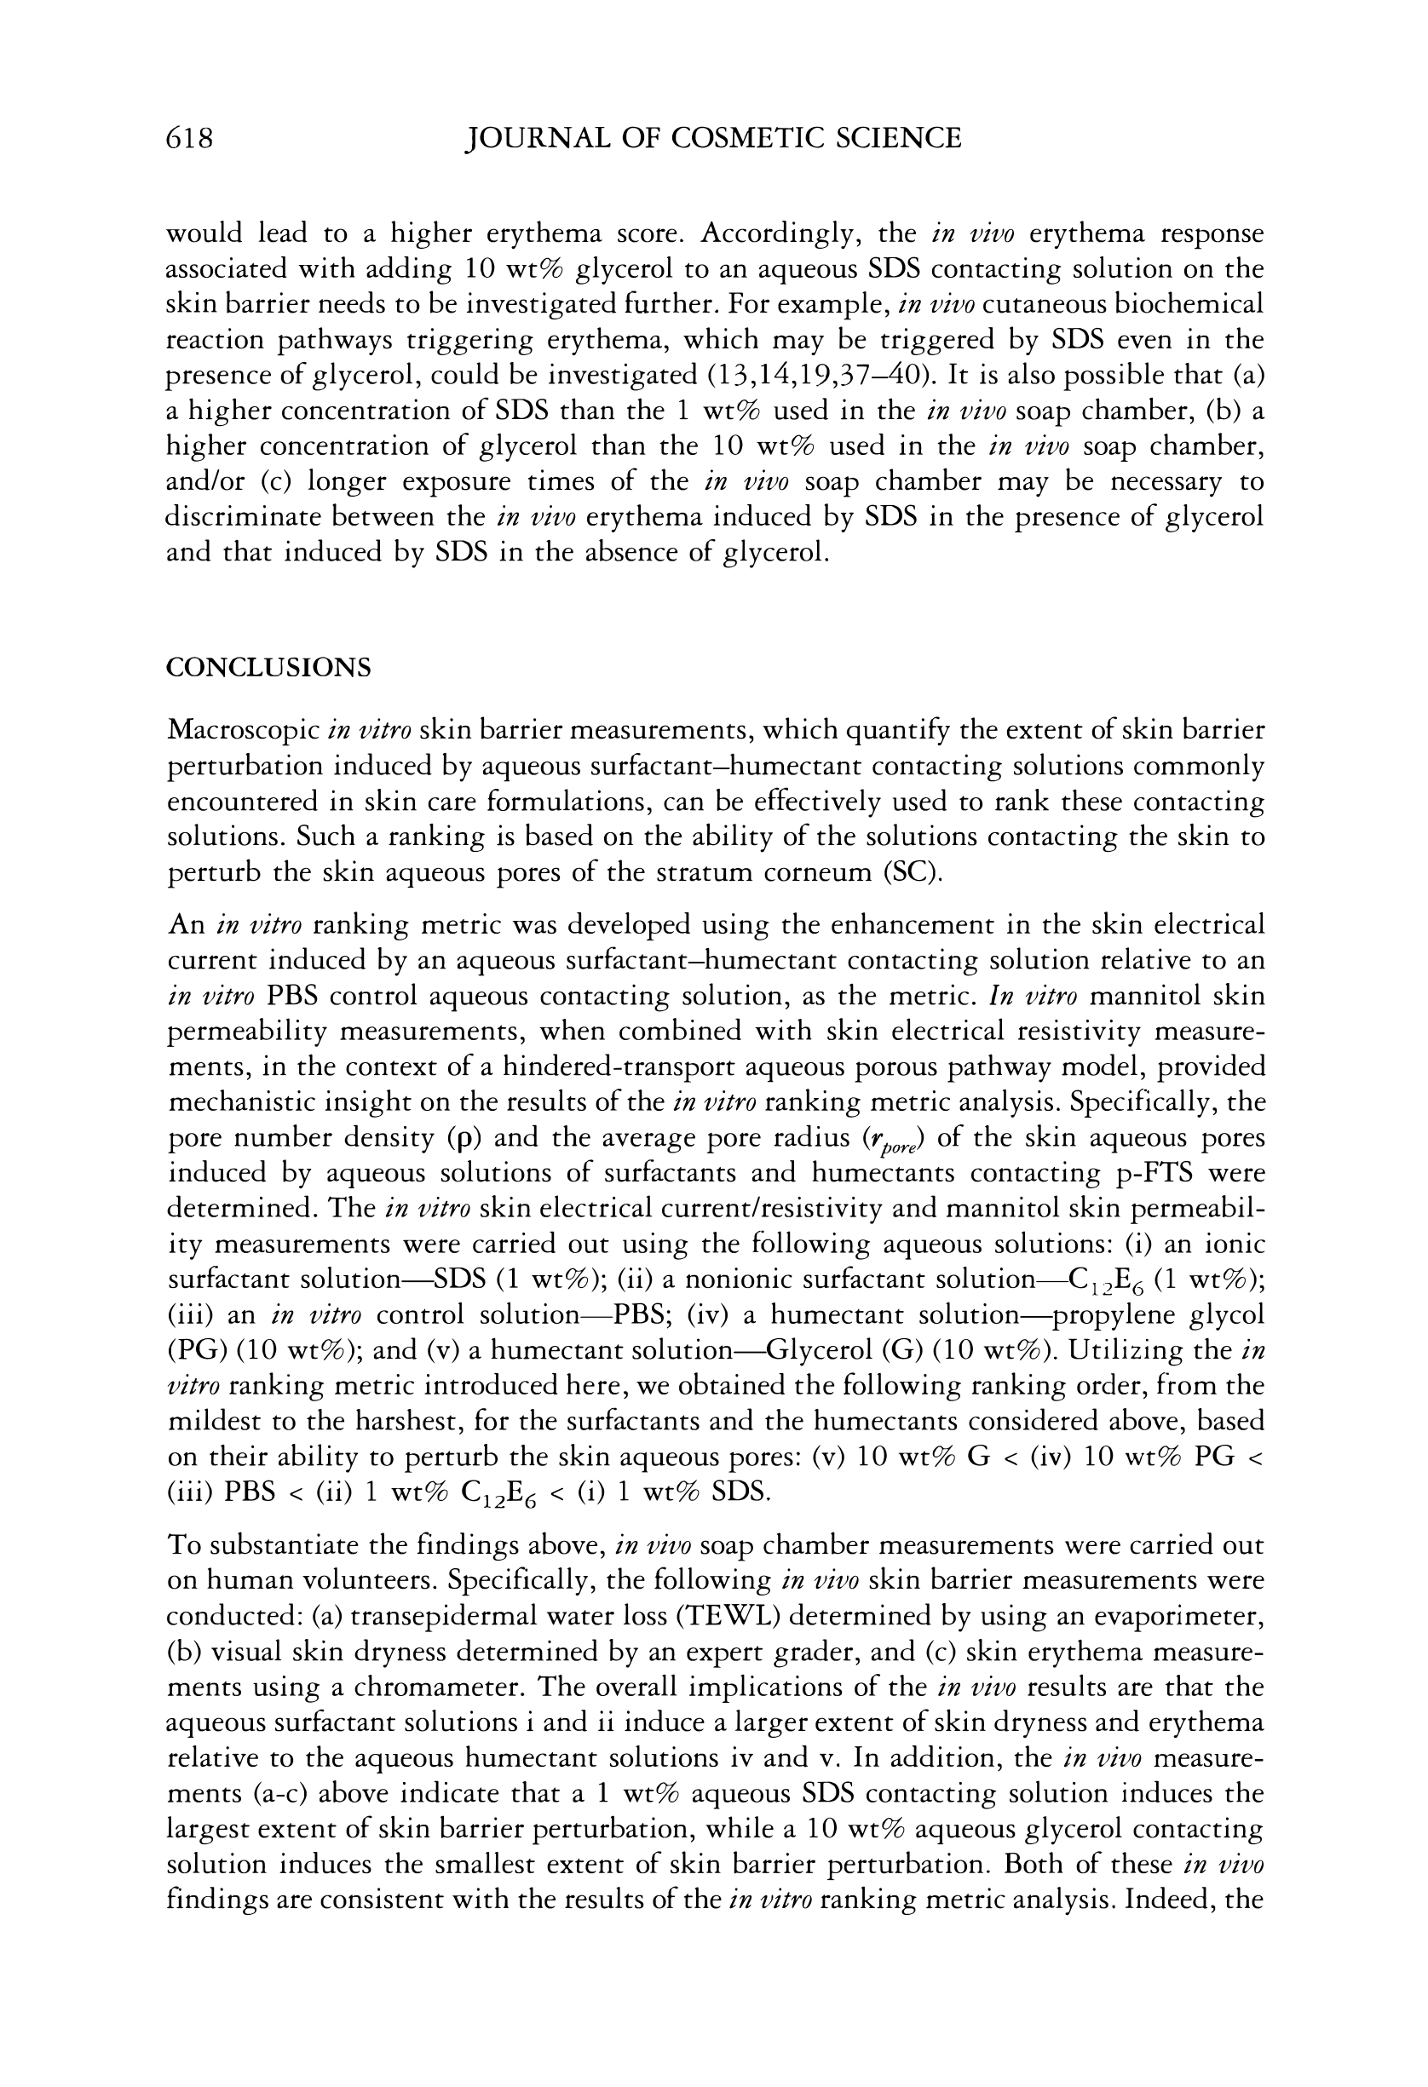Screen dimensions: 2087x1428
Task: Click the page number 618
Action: [189, 138]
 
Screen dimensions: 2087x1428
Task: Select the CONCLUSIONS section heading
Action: [268, 668]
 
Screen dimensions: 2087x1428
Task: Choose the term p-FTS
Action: [1153, 1174]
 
